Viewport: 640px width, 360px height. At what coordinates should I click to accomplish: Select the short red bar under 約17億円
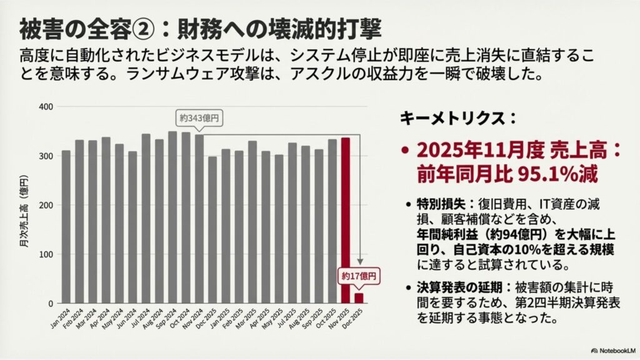(359, 298)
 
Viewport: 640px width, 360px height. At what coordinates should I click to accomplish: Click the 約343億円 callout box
(199, 118)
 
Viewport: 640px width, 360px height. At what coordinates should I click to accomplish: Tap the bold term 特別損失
(439, 204)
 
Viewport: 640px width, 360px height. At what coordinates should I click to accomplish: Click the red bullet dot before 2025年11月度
(406, 151)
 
